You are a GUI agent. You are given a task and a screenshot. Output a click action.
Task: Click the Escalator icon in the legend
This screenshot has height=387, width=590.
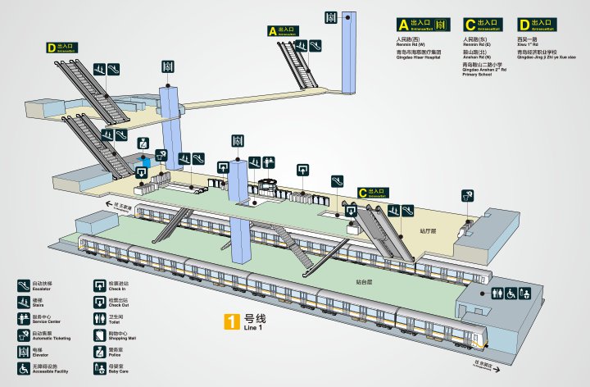(x=25, y=286)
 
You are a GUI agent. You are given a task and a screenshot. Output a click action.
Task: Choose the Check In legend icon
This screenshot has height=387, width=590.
(x=100, y=286)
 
